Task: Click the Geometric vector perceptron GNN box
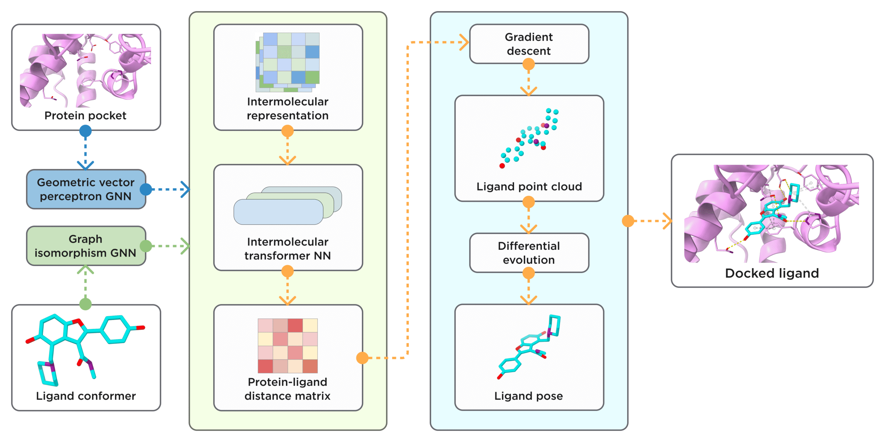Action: click(86, 189)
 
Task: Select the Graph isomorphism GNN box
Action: click(86, 246)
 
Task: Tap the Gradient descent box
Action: click(529, 44)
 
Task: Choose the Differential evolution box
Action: click(529, 253)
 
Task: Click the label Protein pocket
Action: click(85, 115)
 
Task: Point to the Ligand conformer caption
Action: click(86, 396)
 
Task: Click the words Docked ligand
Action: click(772, 273)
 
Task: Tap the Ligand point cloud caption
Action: click(529, 187)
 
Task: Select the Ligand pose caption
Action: click(529, 396)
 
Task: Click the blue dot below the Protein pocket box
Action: click(85, 131)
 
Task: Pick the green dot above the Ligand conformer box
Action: click(85, 304)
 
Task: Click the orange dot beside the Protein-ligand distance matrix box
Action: click(362, 358)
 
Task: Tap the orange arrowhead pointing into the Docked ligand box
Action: click(668, 221)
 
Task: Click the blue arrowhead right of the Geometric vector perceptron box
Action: click(186, 189)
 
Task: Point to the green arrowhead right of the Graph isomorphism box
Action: click(186, 246)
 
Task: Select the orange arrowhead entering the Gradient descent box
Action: click(464, 42)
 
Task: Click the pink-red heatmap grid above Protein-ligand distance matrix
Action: click(288, 346)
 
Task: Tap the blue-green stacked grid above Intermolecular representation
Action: click(288, 62)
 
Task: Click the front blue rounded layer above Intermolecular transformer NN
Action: click(278, 212)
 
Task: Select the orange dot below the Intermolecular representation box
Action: click(288, 131)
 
